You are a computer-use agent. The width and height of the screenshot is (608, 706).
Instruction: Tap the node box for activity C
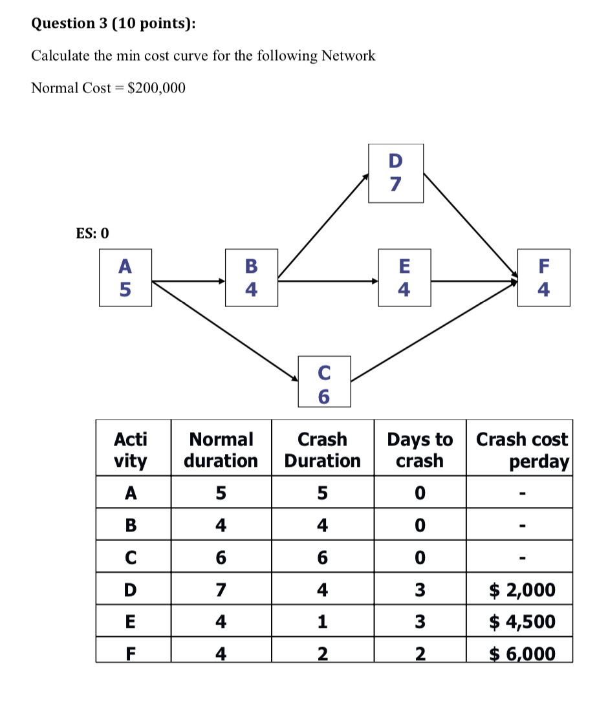(x=324, y=381)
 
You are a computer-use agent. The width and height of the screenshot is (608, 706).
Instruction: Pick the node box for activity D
(x=396, y=173)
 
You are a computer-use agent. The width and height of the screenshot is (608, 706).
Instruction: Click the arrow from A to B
(x=188, y=281)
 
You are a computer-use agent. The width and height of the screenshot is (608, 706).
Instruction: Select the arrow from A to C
(x=223, y=331)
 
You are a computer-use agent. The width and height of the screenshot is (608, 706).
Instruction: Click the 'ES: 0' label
(x=92, y=233)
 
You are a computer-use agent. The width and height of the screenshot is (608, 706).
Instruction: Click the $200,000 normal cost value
(x=157, y=88)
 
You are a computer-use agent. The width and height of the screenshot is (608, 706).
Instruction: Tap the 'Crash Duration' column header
(x=322, y=450)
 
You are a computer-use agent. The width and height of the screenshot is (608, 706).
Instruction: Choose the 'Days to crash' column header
(x=420, y=450)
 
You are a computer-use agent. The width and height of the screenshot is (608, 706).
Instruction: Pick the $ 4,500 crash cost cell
(x=521, y=621)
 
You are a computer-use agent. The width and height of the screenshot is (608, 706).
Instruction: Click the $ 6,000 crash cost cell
(x=521, y=653)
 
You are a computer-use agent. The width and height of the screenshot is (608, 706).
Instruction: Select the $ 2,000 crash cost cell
(x=521, y=590)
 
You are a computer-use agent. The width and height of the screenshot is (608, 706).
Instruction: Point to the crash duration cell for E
(x=322, y=621)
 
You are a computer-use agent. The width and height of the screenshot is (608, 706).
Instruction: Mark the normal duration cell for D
(x=221, y=590)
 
